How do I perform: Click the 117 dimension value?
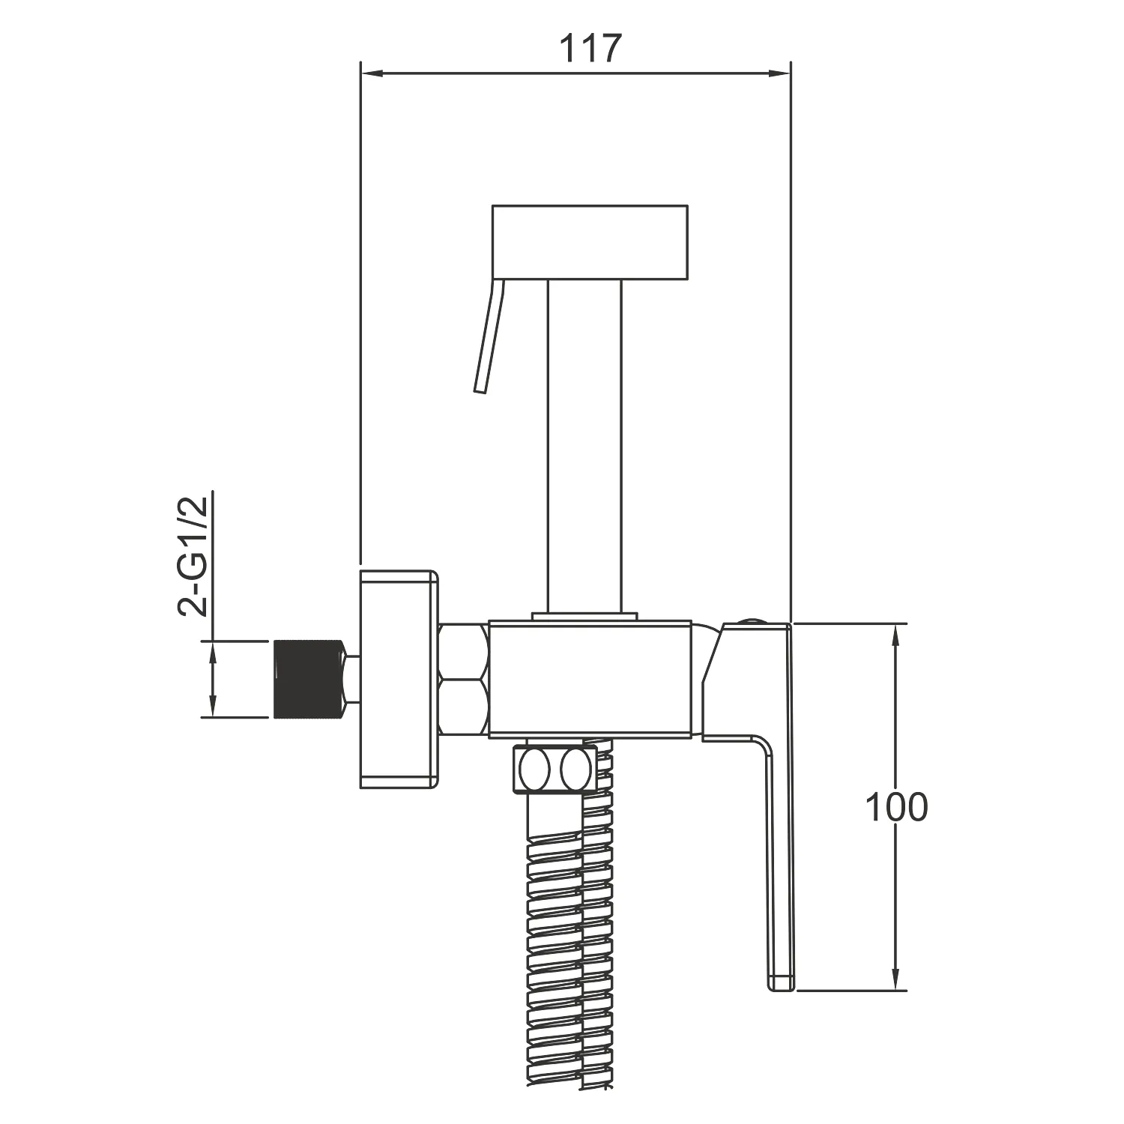591,49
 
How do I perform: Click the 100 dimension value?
896,807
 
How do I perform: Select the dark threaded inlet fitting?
309,679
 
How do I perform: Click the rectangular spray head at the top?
590,243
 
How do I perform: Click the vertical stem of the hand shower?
584,448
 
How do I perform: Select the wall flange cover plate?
399,679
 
